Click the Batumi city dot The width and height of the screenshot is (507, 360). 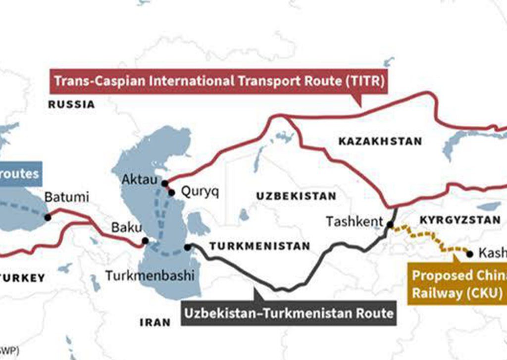point(48,217)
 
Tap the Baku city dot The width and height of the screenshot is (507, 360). point(145,241)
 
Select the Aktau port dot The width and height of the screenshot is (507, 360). point(164,183)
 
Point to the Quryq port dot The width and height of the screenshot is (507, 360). point(171,193)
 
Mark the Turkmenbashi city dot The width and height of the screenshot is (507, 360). point(187,247)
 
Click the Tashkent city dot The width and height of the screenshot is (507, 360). point(390,225)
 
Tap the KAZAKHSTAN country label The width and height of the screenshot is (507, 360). point(380,141)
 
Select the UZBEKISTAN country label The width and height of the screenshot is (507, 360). point(296,196)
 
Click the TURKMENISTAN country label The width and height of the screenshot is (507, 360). point(260,246)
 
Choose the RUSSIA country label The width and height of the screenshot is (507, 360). point(71,104)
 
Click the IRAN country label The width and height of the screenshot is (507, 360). point(155,322)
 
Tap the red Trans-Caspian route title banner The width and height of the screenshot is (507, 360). point(218,80)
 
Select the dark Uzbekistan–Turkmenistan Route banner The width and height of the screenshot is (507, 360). point(289,313)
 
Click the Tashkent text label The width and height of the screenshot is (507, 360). point(354,221)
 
